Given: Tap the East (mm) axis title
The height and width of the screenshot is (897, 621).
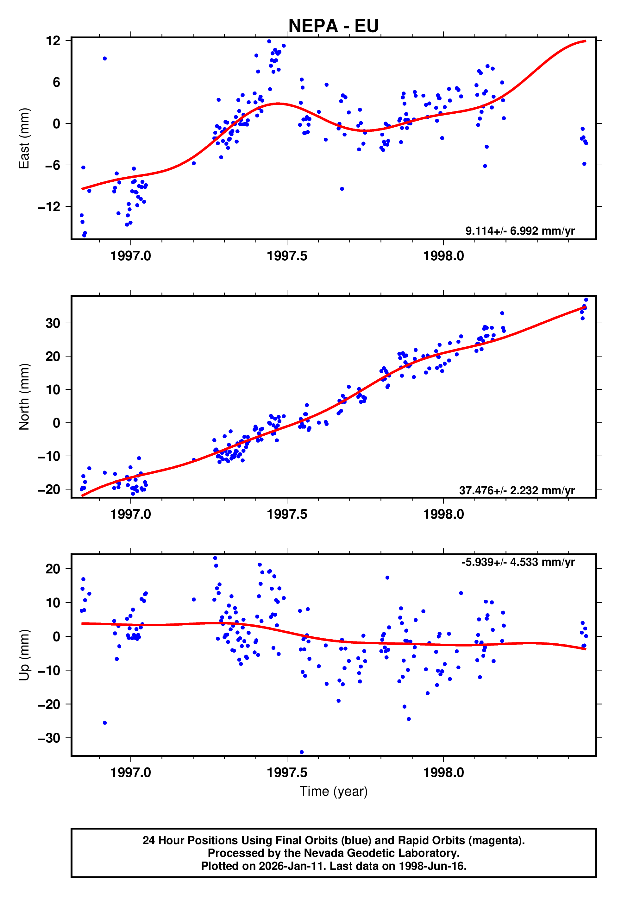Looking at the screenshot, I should click(24, 139).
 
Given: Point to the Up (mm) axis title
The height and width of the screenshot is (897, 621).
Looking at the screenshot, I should click(24, 655).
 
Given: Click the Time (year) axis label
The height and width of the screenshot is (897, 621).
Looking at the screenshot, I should click(334, 791).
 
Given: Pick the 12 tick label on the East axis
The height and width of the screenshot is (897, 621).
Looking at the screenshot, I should click(53, 41).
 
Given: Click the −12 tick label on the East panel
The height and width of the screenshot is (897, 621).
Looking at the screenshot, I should click(49, 207).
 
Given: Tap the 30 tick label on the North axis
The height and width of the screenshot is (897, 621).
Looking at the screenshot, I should click(53, 323).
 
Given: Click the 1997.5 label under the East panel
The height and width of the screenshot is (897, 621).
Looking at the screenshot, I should click(287, 256).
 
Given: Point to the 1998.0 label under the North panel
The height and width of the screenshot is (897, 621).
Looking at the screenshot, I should click(443, 515).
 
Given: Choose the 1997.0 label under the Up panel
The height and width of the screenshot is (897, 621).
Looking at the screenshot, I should click(130, 773).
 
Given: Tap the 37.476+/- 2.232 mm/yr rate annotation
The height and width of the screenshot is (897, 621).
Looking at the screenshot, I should click(517, 490).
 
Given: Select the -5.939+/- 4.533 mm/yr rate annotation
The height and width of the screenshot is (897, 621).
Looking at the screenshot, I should click(518, 562).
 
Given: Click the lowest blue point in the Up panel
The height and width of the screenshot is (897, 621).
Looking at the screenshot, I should click(302, 752).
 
